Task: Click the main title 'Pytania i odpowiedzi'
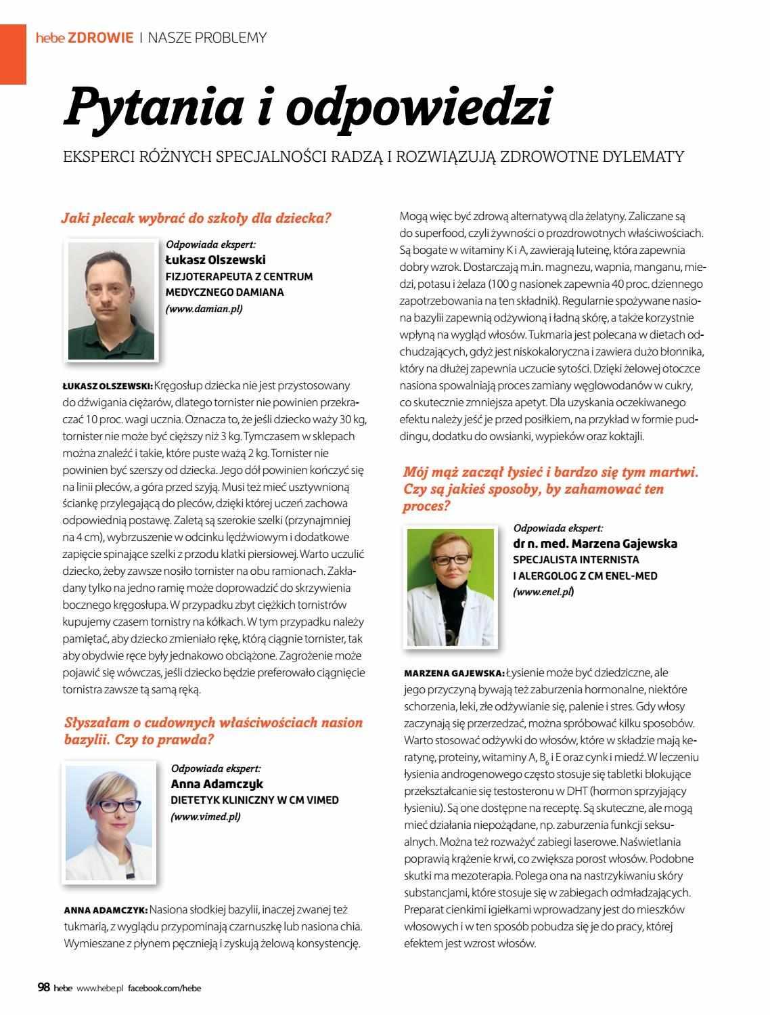point(308,107)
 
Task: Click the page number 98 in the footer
point(43,988)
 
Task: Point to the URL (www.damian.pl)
point(204,309)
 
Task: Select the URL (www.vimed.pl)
point(206,817)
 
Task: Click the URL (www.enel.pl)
point(544,592)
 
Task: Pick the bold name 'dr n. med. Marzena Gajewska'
point(595,544)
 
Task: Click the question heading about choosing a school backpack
point(196,218)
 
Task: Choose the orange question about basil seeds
point(213,731)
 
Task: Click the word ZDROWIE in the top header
point(100,38)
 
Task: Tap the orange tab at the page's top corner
point(13,44)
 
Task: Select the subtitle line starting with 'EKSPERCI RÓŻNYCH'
point(373,156)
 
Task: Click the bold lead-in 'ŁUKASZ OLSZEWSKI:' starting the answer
point(107,386)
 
